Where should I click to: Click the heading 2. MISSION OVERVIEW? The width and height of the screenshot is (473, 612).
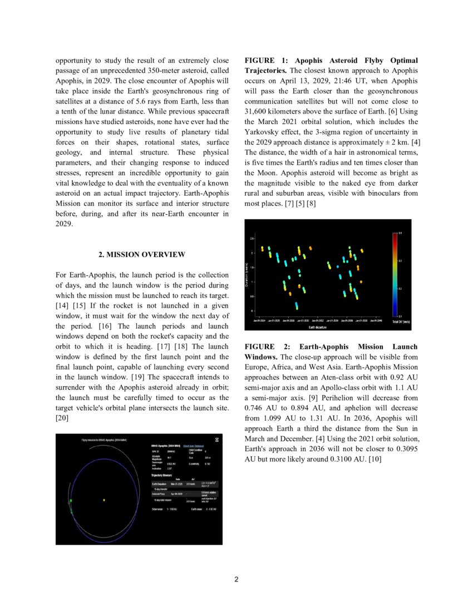142,254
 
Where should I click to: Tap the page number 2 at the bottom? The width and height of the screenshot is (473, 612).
237,579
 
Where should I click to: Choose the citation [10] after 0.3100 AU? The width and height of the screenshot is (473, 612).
375,460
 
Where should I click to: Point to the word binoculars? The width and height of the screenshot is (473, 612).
371,193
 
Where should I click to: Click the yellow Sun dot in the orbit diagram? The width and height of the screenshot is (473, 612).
104,500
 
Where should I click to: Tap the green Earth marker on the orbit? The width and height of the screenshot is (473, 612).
71,501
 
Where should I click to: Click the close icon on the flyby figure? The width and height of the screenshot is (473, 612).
217,440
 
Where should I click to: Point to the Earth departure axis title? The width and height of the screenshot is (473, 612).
317,327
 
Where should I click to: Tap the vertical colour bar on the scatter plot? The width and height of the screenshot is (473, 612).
393,274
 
